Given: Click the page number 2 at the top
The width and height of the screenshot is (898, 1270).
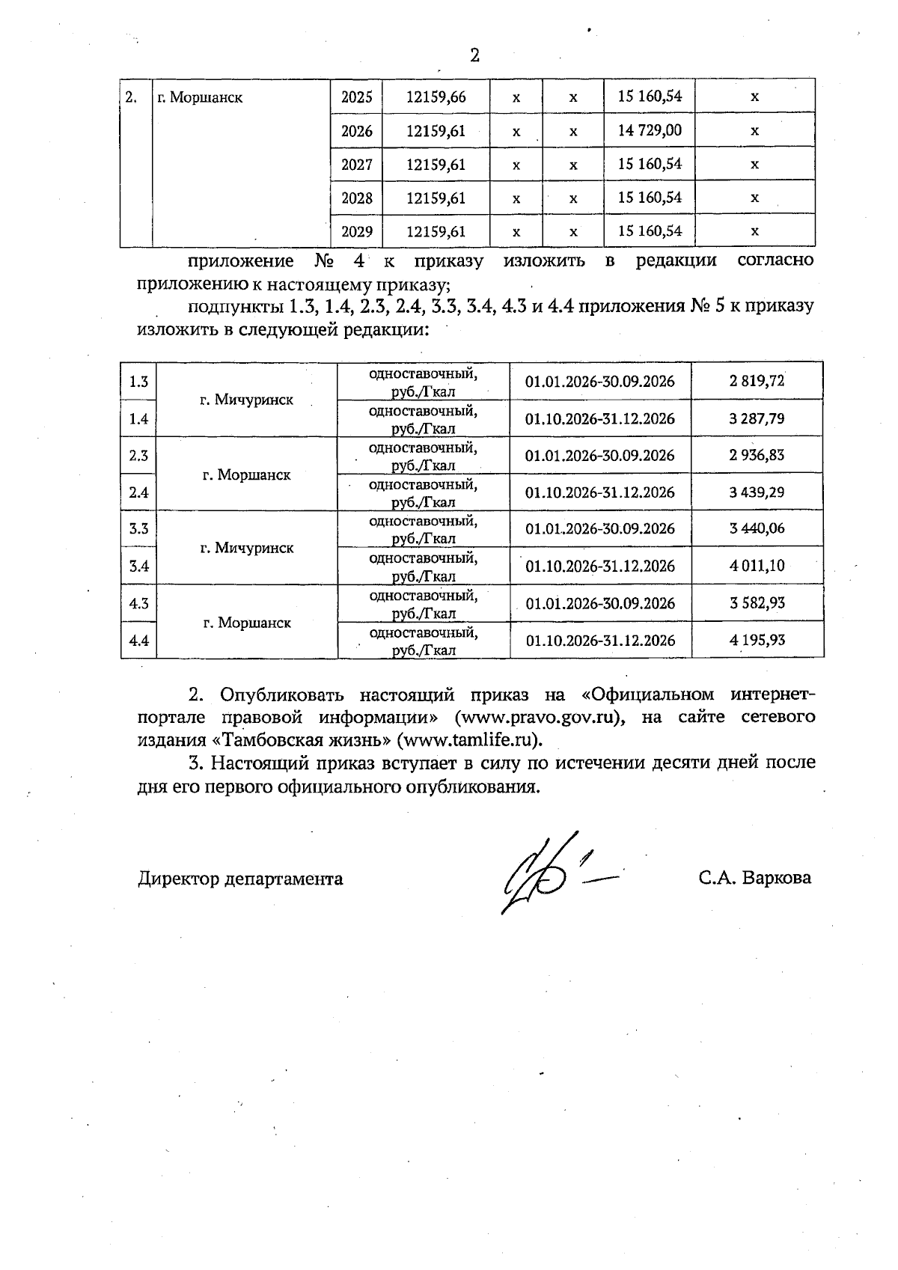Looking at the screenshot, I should (474, 55).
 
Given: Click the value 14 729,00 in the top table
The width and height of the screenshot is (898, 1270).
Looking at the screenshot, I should (650, 130).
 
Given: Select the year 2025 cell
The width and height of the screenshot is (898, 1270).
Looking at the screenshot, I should (356, 97).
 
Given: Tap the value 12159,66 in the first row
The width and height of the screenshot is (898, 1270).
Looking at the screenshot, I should (436, 97).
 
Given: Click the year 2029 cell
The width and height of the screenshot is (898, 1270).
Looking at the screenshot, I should (356, 231).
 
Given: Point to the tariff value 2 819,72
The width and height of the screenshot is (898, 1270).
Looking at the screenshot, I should (757, 381).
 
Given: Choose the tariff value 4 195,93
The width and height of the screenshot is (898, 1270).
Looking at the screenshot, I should (757, 640).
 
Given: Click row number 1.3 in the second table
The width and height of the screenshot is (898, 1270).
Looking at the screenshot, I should (138, 382).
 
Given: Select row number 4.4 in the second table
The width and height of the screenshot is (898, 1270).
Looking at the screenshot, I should (138, 640).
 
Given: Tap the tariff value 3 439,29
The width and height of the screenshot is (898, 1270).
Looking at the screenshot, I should (757, 492).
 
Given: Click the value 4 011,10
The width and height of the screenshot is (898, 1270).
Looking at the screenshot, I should (757, 566).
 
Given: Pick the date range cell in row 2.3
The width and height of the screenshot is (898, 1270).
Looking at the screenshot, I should (599, 456).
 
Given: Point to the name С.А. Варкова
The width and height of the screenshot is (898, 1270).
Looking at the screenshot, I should (754, 878).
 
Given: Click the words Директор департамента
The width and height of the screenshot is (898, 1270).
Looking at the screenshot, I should (240, 879).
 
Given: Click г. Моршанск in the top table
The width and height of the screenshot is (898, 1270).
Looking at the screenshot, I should (200, 97).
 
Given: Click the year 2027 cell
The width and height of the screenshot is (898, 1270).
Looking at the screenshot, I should (356, 164).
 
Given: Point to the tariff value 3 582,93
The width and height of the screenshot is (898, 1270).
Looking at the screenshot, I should (757, 603).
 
